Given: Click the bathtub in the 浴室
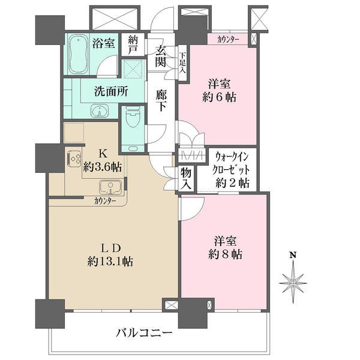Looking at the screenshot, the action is (x=78, y=55).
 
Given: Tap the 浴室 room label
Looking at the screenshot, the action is (x=103, y=43).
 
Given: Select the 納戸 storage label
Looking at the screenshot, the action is (x=133, y=44).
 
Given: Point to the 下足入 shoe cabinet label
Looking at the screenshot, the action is (x=182, y=62).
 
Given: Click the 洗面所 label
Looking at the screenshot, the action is (x=111, y=91).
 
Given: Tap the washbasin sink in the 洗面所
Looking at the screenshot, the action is (x=100, y=112).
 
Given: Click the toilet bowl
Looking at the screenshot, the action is (x=133, y=116).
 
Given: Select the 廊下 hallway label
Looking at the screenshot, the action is (x=161, y=101).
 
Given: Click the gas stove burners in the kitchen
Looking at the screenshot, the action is (x=74, y=158).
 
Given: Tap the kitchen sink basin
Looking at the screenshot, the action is (x=110, y=187).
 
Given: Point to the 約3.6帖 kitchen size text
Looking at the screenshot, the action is (x=102, y=167).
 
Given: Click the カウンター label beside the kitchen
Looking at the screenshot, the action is (x=104, y=202).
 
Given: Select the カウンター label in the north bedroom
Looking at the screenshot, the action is (x=228, y=40).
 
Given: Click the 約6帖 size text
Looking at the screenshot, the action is (x=219, y=97).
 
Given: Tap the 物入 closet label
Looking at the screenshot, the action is (x=186, y=178).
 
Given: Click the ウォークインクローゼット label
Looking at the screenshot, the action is (x=231, y=164).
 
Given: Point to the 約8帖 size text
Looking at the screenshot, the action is (x=225, y=254).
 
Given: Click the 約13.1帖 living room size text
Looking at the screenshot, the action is (x=110, y=262).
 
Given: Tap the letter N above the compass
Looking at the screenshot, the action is (x=293, y=255).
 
